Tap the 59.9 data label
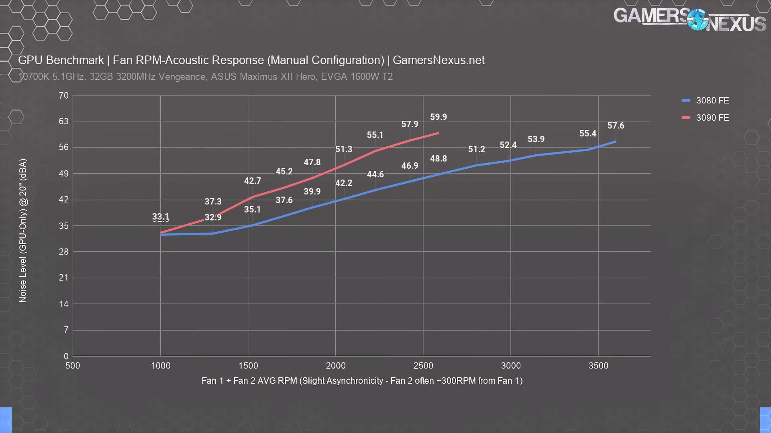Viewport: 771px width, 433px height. (438, 117)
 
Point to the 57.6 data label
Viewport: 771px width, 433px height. (616, 126)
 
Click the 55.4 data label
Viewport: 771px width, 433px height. (587, 134)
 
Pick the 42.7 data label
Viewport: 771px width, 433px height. (252, 181)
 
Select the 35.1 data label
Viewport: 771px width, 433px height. (252, 210)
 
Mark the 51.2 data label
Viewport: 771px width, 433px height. (476, 150)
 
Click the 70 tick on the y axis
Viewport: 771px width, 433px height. (63, 96)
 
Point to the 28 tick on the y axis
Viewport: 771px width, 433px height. (63, 252)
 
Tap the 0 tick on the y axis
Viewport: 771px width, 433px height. (66, 356)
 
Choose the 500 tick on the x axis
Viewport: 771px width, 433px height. (73, 366)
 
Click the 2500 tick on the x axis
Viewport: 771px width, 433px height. (423, 366)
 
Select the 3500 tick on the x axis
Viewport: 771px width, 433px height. (598, 366)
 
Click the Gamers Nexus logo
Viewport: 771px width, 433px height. (689, 20)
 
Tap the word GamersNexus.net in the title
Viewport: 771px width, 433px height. (439, 60)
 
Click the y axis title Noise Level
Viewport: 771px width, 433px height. (23, 231)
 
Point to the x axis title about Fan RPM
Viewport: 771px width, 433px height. (362, 381)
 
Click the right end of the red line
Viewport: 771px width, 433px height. (438, 133)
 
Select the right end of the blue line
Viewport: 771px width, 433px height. (615, 142)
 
